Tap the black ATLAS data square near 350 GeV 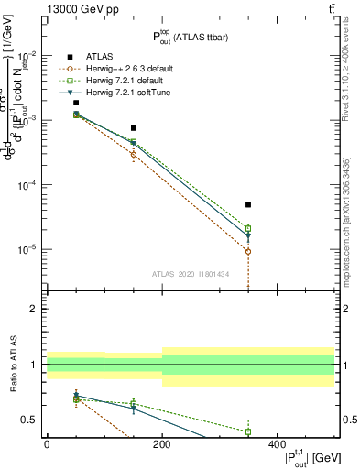point(248,205)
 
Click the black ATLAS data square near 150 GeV point(134,128)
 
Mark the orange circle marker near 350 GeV point(248,251)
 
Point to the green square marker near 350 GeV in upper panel point(248,228)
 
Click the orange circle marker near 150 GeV point(134,154)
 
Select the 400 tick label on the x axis point(277,444)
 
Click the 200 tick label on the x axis point(162,444)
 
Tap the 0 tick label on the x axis point(47,444)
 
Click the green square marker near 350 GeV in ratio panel point(248,431)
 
